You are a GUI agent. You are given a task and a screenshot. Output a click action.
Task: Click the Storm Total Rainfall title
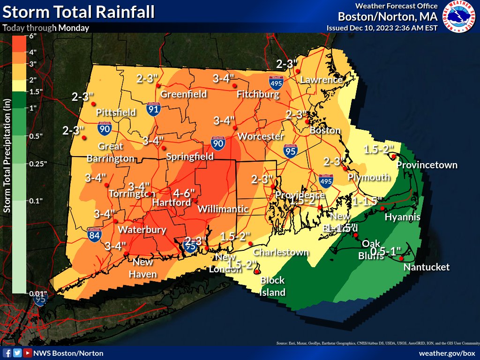(78, 12)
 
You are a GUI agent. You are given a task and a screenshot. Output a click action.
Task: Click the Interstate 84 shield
(94, 234)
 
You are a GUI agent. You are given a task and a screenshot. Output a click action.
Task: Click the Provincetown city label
(427, 165)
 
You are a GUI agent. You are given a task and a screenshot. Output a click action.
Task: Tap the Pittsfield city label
(116, 112)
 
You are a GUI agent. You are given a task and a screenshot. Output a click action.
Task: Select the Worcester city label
(261, 136)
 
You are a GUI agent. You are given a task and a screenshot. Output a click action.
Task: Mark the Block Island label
(273, 286)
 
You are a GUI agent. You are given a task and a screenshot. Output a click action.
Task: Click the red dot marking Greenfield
(158, 85)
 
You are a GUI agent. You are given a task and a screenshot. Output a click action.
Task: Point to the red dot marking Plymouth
(345, 168)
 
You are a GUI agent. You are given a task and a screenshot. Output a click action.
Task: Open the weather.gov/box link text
(447, 353)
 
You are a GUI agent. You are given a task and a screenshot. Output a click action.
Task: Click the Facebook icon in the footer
(7, 353)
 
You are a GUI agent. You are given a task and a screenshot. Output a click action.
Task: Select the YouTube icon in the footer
(28, 353)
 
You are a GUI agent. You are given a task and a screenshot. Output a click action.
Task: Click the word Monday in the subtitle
(74, 28)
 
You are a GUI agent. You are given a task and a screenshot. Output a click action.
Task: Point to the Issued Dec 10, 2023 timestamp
(382, 28)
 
